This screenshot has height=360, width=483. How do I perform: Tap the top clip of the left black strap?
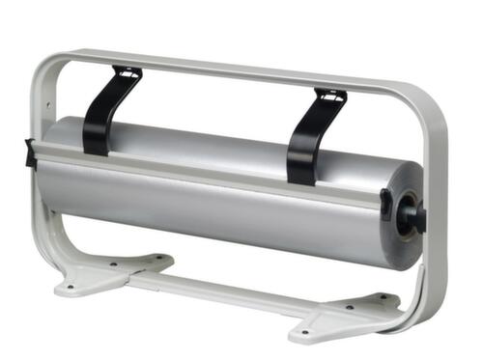coord(127,73)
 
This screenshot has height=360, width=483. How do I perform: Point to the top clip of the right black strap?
coord(329,97)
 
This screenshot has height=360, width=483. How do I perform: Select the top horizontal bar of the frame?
coord(241,70)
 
